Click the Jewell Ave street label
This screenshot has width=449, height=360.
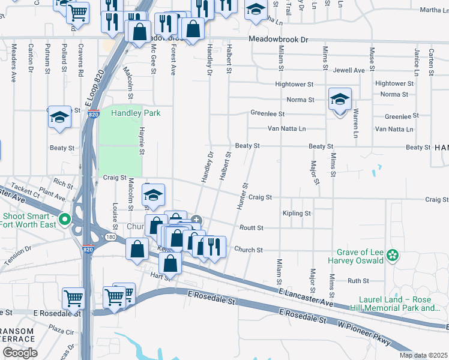click(x=349, y=70)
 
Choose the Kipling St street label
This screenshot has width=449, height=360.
click(x=297, y=213)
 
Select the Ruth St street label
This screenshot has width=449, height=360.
click(x=358, y=280)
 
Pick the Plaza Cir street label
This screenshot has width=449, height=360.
click(x=61, y=330)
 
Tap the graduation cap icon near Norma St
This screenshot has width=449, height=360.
click(x=340, y=100)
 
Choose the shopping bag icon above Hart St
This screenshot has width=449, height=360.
click(x=170, y=263)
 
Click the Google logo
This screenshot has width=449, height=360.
click(x=20, y=353)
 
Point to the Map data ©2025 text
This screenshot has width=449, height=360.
click(x=423, y=355)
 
